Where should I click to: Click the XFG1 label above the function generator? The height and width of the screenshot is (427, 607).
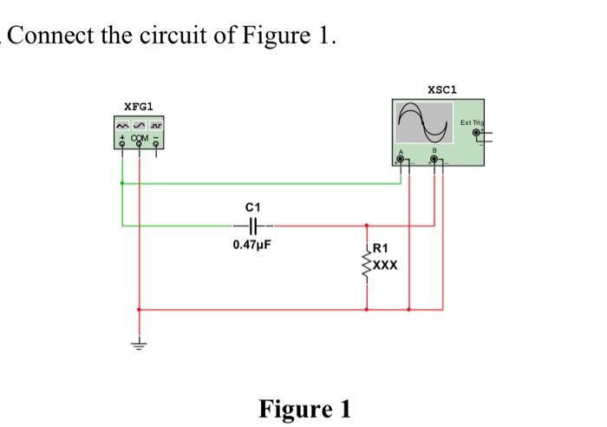pos(139,106)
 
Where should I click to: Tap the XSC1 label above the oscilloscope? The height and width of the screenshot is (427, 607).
pos(443,89)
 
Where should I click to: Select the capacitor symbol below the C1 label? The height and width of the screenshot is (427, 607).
pos(252,226)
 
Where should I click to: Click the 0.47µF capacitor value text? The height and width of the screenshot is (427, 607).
pos(252,245)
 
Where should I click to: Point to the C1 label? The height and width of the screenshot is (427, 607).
pos(252,207)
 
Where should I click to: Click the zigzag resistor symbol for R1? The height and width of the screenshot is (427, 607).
pos(367,259)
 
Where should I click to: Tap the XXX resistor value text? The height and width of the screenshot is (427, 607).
pos(386,266)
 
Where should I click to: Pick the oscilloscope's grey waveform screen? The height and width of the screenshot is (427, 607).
pos(424,124)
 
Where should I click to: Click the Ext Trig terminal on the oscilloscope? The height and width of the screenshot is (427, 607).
pos(476,133)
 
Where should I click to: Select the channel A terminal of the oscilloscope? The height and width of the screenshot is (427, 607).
pos(401,158)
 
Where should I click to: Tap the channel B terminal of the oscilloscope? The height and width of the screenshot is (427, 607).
pos(436,158)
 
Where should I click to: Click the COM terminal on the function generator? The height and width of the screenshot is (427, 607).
pos(139,145)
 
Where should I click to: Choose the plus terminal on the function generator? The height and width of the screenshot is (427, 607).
pos(122,145)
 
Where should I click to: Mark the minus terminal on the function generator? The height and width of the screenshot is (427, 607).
pos(155,145)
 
